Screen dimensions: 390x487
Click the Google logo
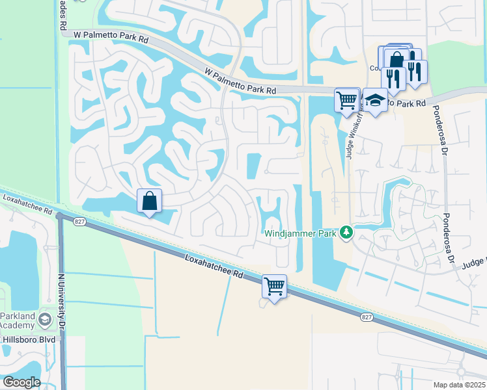pos(21,382)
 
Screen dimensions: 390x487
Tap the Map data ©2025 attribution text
pos(458,385)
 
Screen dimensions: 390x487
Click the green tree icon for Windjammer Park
pos(347,232)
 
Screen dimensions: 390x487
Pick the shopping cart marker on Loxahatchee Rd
pos(274,286)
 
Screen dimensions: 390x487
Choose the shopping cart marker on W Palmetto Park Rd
pos(347,99)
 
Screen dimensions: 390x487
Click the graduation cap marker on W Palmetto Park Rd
pos(375,100)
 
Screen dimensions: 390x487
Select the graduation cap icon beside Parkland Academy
pos(44,319)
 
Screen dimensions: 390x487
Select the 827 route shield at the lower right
pos(366,316)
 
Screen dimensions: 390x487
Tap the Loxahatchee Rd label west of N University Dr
pos(26,203)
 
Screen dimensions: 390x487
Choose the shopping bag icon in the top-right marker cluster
pos(396,60)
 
